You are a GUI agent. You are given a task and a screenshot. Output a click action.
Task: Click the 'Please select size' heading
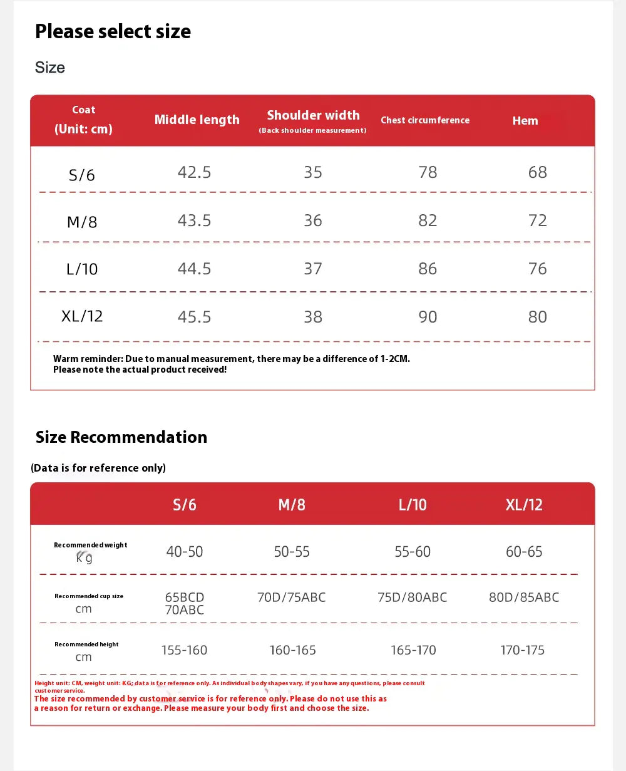[x=113, y=31]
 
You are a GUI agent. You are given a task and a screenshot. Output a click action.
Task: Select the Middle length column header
[x=197, y=120]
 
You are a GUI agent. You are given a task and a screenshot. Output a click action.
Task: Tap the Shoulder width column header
[x=313, y=116]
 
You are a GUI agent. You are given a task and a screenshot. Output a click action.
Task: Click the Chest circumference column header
[x=425, y=120]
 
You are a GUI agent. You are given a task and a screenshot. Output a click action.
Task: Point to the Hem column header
[x=525, y=121]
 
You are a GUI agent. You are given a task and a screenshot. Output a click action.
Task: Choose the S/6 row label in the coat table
[x=82, y=175]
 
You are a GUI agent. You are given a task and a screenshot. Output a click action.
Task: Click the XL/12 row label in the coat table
[x=82, y=316]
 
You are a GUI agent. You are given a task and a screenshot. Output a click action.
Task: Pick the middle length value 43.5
[x=194, y=220]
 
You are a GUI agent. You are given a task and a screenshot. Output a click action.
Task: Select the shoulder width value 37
[x=313, y=269]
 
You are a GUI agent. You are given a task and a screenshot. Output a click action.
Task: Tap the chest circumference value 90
[x=428, y=317]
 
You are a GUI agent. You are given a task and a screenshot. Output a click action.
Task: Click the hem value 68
[x=538, y=172]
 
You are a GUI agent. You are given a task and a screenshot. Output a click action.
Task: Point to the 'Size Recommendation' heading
[x=121, y=437]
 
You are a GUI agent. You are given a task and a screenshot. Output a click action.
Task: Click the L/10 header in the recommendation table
[x=413, y=505]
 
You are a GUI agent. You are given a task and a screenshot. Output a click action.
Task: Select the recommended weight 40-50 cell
[x=185, y=552]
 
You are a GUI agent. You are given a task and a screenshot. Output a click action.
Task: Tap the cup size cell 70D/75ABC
[x=292, y=598]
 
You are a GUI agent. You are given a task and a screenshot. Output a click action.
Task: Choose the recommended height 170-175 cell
[x=523, y=650]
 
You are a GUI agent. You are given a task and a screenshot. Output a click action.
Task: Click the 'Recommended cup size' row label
[x=89, y=596]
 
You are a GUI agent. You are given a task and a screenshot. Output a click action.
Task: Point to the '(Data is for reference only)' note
[x=98, y=468]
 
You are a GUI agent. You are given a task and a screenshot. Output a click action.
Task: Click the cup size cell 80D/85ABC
[x=524, y=598]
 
